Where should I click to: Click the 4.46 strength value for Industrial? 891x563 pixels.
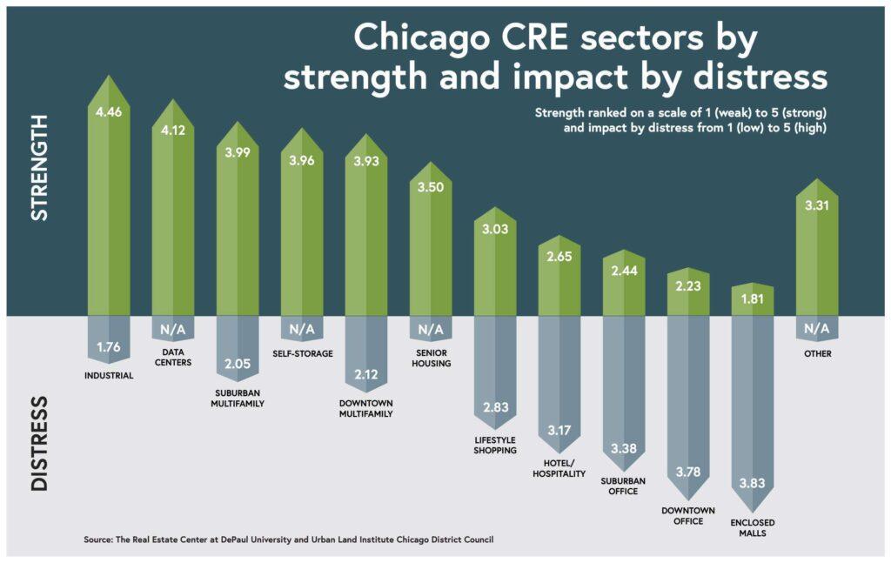(109, 112)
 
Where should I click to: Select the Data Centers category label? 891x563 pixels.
(172, 358)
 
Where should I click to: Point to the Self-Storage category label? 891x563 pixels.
(302, 353)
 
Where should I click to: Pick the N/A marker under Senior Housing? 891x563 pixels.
(431, 330)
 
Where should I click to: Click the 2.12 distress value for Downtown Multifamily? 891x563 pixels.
(366, 375)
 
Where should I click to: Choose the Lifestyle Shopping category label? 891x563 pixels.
(496, 445)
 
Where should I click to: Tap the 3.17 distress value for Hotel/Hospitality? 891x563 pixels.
(559, 430)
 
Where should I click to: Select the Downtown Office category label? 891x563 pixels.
(687, 515)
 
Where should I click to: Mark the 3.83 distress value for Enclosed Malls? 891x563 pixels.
(753, 483)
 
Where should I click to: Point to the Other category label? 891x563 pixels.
(817, 353)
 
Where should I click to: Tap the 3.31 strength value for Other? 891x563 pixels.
(817, 206)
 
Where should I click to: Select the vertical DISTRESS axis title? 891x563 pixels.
(39, 444)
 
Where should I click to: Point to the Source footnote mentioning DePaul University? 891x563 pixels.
(294, 540)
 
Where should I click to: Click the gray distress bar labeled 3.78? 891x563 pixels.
(687, 400)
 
